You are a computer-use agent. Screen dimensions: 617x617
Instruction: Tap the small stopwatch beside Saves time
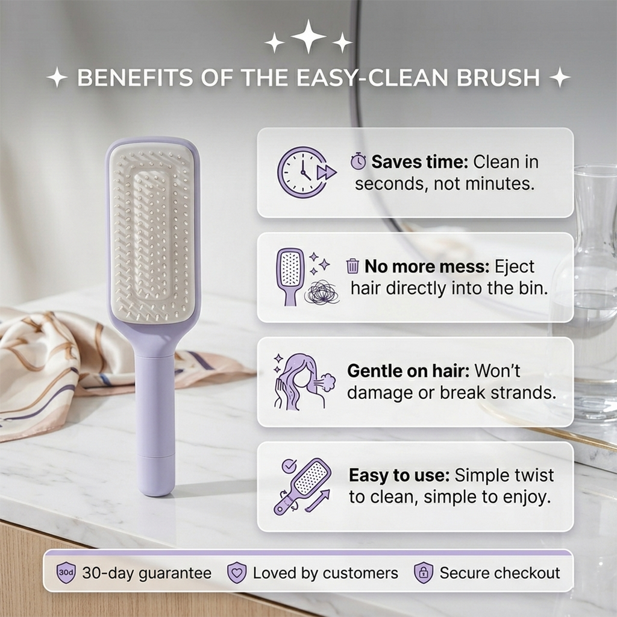pos(358,161)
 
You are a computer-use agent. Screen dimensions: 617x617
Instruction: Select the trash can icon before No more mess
pos(352,266)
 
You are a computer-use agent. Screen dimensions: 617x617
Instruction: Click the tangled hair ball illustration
pos(321,292)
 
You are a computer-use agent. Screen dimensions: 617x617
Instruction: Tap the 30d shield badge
pos(66,573)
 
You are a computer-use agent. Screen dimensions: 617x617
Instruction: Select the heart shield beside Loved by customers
pos(236,573)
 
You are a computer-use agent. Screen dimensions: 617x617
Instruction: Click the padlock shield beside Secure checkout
pos(423,573)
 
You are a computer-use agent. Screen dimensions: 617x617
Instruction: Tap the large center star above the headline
pos(308,36)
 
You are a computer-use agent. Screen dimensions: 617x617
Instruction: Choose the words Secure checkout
pos(500,573)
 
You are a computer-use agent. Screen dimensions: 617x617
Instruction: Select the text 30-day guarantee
pos(146,573)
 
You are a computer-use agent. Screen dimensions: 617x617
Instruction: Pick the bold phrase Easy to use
pos(399,475)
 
